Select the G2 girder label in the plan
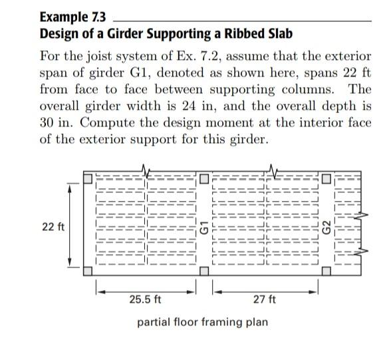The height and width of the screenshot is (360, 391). (326, 227)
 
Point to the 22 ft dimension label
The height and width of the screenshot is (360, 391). (53, 226)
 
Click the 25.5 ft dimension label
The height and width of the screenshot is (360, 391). (146, 299)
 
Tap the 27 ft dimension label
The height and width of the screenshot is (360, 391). (265, 299)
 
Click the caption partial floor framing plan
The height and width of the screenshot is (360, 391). (202, 322)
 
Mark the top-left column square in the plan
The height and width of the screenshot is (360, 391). (88, 178)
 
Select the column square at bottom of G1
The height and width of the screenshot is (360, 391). (205, 272)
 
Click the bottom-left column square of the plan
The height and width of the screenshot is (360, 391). (88, 272)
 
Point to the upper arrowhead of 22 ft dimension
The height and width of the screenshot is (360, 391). (69, 187)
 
